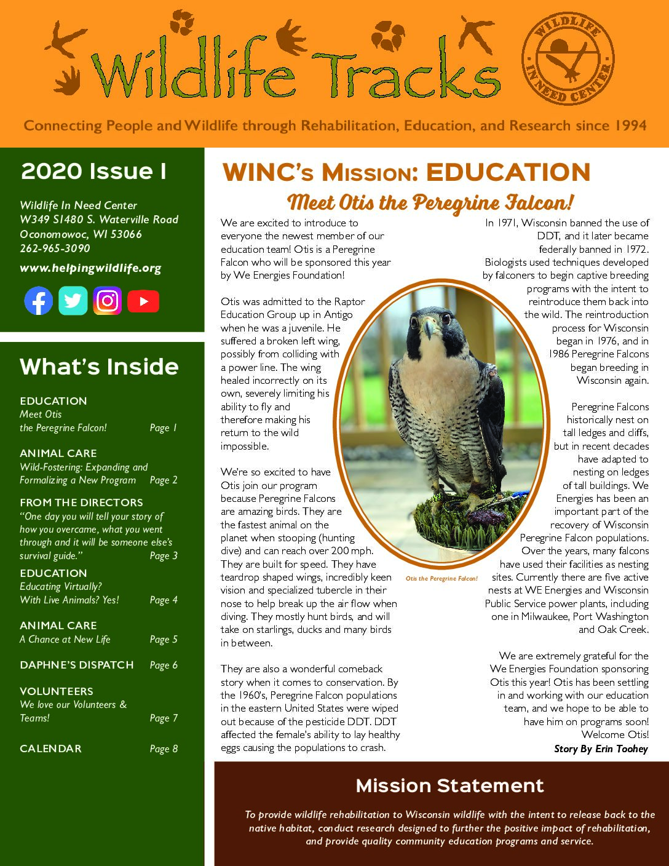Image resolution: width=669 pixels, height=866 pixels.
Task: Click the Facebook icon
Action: [x=38, y=301]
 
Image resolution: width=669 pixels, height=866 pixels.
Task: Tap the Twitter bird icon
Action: [x=73, y=301]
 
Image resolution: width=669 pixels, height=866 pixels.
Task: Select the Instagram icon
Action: [x=108, y=301]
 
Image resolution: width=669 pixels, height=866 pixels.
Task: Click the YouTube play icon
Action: [x=143, y=301]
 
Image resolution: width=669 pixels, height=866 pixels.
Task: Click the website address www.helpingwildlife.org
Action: [x=90, y=268]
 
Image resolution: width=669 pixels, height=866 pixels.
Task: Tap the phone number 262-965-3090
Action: [x=55, y=248]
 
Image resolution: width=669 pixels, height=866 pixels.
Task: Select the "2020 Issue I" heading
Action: [x=93, y=172]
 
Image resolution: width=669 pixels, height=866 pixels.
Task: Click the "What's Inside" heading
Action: [x=99, y=367]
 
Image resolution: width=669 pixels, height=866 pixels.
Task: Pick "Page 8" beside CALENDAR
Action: [x=164, y=749]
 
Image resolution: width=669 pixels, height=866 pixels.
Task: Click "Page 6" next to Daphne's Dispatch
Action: [x=164, y=665]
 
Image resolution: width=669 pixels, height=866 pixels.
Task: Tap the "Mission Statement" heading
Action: [x=449, y=785]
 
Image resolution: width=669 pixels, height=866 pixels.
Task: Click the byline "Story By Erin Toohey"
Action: [x=601, y=749]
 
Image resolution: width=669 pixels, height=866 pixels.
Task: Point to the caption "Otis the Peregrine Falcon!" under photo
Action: [x=441, y=579]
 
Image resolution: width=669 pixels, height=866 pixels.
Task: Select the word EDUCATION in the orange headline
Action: [x=508, y=173]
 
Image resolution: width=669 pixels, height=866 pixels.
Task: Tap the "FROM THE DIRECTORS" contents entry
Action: [x=81, y=503]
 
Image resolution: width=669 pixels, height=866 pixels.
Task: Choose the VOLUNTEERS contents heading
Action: [x=57, y=691]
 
